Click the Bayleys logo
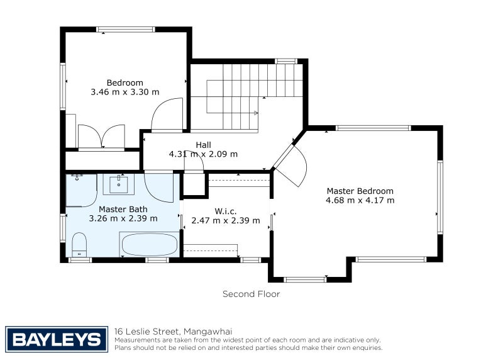click(x=57, y=339)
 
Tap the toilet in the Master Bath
click(x=79, y=245)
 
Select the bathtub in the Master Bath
click(x=150, y=244)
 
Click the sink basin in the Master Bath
click(x=118, y=184)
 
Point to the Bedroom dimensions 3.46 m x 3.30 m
click(x=124, y=92)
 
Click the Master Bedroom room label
click(x=360, y=191)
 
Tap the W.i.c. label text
click(x=226, y=211)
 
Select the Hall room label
click(x=203, y=145)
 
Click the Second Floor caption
click(x=251, y=294)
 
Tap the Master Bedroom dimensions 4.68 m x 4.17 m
click(x=360, y=200)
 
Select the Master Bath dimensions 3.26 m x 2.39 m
click(x=123, y=218)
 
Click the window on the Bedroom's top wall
click(x=125, y=30)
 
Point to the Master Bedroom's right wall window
click(x=440, y=197)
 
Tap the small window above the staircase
click(x=286, y=61)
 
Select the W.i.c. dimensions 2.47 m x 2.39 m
click(x=226, y=221)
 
